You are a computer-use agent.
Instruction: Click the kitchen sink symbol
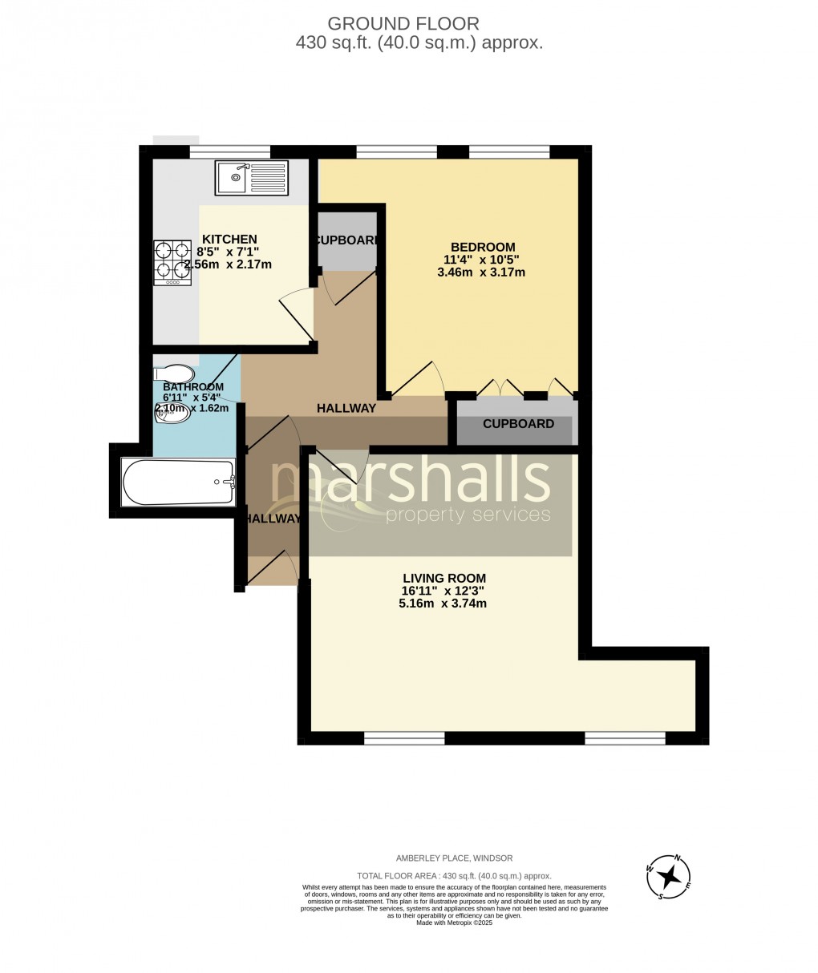coord(251,177)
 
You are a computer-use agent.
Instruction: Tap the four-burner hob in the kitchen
coord(172,263)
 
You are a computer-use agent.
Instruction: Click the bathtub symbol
coord(178,482)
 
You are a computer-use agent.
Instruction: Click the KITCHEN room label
coord(229,239)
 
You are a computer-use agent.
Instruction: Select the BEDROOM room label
coord(483,247)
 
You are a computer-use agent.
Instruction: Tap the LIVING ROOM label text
coord(443,578)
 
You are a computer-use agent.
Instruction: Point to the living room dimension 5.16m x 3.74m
coord(443,604)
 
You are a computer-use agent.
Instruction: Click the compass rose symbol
coord(668,876)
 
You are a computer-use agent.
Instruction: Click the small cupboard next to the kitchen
coord(346,238)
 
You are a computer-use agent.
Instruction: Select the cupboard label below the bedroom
coord(518,424)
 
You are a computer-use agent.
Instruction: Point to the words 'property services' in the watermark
coord(468,515)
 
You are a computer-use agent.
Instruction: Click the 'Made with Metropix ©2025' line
coord(454,923)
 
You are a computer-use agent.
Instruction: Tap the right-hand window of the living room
coord(625,737)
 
